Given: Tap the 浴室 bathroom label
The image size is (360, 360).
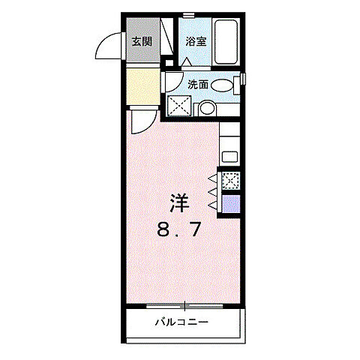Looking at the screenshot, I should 196,42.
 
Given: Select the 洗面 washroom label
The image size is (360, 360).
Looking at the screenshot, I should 198,85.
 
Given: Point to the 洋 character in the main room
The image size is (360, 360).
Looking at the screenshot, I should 178,202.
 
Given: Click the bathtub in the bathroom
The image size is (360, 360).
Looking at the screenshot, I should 226,42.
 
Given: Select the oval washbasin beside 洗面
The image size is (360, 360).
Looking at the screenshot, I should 223,85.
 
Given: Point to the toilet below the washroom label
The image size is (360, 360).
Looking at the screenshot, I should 205,108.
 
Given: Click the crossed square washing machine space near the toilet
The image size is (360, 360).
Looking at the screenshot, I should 178,106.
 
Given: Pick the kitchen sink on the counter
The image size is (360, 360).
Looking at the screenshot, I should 229,157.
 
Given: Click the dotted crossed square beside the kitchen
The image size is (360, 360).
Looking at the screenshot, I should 230,180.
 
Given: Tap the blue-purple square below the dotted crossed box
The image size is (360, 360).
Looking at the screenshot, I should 230,204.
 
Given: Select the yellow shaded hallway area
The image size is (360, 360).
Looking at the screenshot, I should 142,87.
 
